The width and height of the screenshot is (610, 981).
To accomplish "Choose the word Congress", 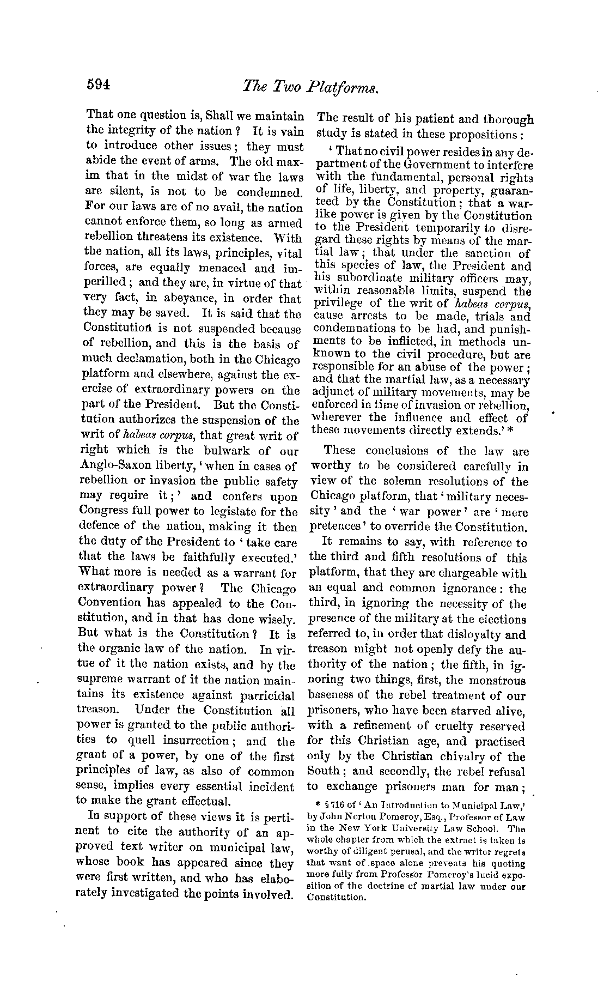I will coord(103,512).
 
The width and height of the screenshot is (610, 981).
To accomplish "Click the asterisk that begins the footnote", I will coord(318,804).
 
